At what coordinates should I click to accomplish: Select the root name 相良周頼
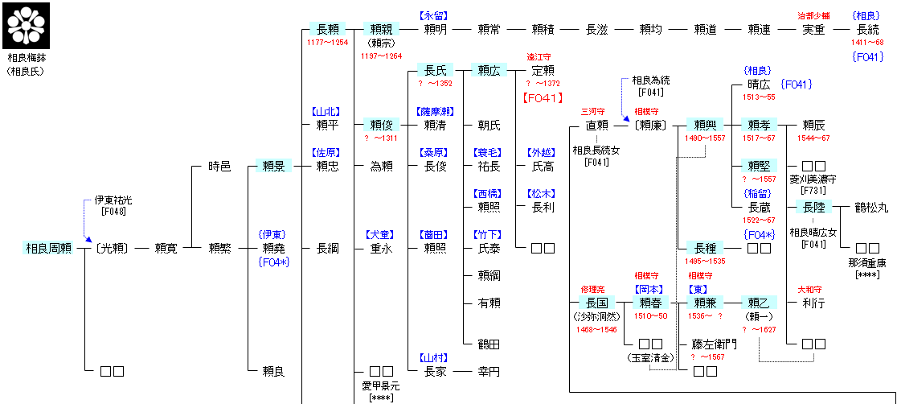(49, 249)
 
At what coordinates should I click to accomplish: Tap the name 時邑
(219, 167)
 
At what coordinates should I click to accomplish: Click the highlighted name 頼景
(274, 167)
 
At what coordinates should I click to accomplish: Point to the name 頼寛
(166, 249)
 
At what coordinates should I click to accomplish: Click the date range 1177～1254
(327, 42)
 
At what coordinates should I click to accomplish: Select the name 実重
(813, 30)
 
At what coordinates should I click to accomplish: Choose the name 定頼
(543, 71)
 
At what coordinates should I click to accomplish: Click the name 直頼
(597, 126)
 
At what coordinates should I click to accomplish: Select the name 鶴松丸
(871, 208)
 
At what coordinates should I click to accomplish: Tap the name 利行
(813, 303)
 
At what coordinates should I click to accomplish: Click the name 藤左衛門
(714, 344)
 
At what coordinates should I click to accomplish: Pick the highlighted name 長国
(597, 303)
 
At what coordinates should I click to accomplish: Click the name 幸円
(489, 372)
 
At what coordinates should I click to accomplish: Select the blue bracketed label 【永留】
(434, 15)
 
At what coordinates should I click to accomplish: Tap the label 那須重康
(867, 263)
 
